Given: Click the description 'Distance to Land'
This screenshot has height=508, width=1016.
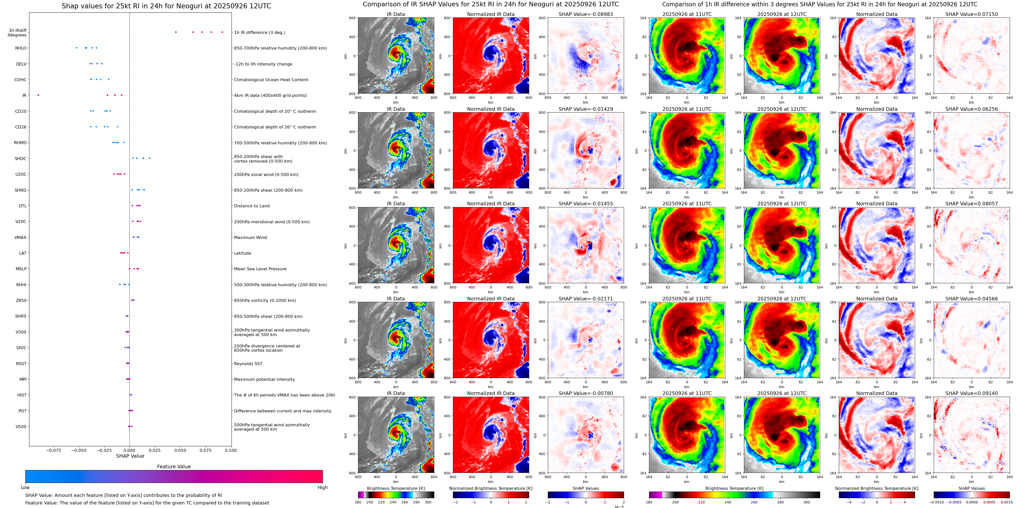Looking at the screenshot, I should pos(252,206).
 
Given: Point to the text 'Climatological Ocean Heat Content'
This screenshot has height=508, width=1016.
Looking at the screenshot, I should pos(271,80).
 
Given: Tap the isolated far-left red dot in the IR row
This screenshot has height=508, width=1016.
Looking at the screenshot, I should pos(38,95).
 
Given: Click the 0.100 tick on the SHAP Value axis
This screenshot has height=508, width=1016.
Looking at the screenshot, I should pos(231,450).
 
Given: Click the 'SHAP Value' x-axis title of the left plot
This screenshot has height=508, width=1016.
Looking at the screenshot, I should pos(130,456).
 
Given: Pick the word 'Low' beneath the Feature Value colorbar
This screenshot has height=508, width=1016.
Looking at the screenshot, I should pos(25,488).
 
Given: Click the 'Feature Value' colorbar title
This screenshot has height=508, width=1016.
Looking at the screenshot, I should pos(174,467).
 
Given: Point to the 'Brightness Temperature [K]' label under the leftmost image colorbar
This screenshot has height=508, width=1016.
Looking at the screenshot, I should pos(396,488).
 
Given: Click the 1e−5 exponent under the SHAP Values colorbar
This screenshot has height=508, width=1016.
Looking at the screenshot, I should pos(619,506).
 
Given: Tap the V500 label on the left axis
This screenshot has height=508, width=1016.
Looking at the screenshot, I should pos(21,426).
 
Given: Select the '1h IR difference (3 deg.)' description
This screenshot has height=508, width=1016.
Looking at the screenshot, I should pos(259,32).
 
